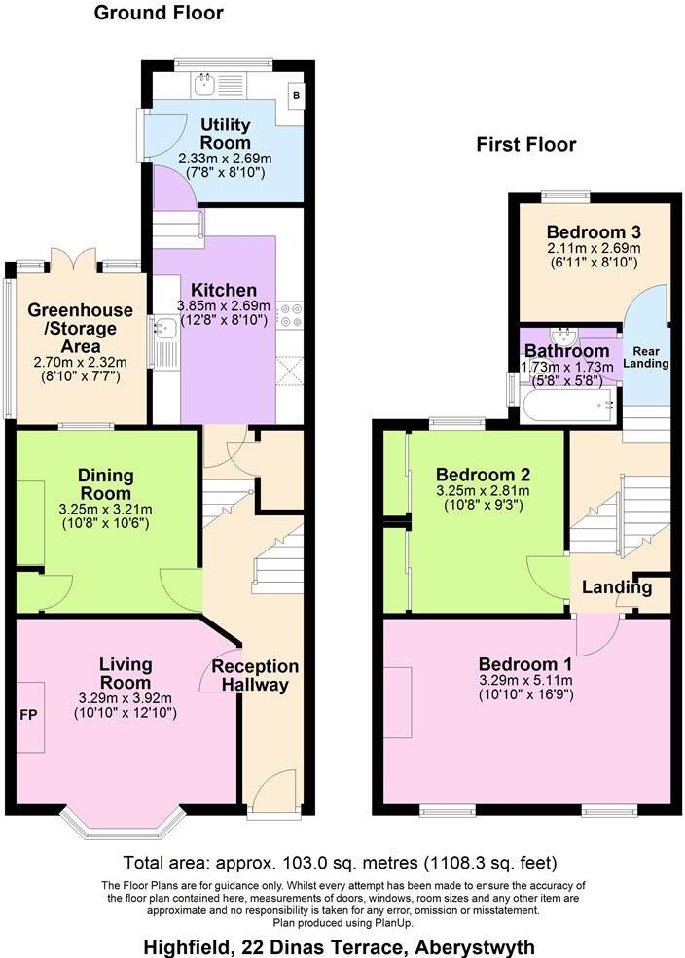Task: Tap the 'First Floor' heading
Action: click(x=525, y=145)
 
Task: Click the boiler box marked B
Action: click(x=296, y=96)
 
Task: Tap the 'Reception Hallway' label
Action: click(x=255, y=676)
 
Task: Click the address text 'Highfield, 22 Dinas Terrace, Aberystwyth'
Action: click(x=339, y=944)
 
